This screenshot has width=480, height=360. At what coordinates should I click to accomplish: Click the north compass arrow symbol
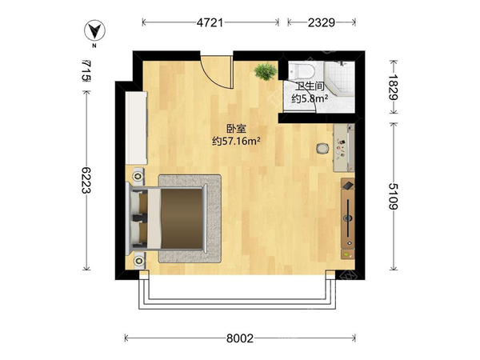coord(95,30)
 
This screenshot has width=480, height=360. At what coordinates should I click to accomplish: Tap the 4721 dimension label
coord(210,22)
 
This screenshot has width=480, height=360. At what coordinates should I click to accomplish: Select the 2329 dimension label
coord(322,22)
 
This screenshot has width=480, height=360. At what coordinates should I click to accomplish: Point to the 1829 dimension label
coord(393,87)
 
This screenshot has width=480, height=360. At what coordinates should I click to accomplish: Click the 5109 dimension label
coord(393,196)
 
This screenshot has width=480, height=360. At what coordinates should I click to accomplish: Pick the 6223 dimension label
coord(86,180)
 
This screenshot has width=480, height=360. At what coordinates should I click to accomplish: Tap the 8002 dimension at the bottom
coord(240,338)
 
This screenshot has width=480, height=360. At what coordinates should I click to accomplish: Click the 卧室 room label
coord(236,129)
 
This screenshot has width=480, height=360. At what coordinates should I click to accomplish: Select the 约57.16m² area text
coord(236,141)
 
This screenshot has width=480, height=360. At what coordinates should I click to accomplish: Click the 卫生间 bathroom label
coord(310,86)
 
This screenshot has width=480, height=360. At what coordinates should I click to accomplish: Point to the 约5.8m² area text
coord(310,98)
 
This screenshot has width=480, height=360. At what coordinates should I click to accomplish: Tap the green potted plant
coord(266,71)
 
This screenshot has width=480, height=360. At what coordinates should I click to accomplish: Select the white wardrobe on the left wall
coord(137,128)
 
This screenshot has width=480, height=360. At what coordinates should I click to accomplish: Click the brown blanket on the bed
coord(182,218)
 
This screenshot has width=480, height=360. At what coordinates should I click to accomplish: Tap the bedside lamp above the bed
coord(138,176)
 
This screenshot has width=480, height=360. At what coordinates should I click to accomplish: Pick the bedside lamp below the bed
coord(139,261)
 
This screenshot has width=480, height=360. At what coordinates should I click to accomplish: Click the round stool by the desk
coord(322,149)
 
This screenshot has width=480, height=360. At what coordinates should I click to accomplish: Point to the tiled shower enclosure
coord(340,78)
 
